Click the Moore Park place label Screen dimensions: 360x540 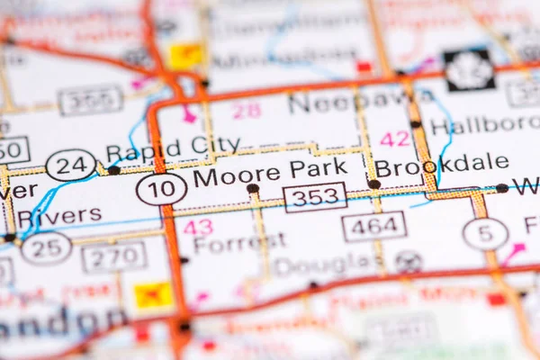click(x=270, y=169)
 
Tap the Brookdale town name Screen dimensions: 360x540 click(x=441, y=166)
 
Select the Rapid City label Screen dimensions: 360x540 click(x=173, y=145)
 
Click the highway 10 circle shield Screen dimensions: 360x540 click(x=162, y=189)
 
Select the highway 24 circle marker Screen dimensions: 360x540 click(x=70, y=165)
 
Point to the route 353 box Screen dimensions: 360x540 click(x=315, y=197)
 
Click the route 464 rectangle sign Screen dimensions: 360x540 click(x=373, y=227)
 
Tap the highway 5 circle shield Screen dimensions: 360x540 click(x=485, y=234)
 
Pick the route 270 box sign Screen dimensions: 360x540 click(x=113, y=257)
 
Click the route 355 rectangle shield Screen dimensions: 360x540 click(x=91, y=100)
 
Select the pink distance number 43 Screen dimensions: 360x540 click(x=198, y=228)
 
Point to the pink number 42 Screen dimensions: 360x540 click(x=394, y=139)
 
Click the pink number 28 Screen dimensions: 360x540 click(x=247, y=110)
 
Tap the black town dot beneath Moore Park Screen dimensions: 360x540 click(x=253, y=189)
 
